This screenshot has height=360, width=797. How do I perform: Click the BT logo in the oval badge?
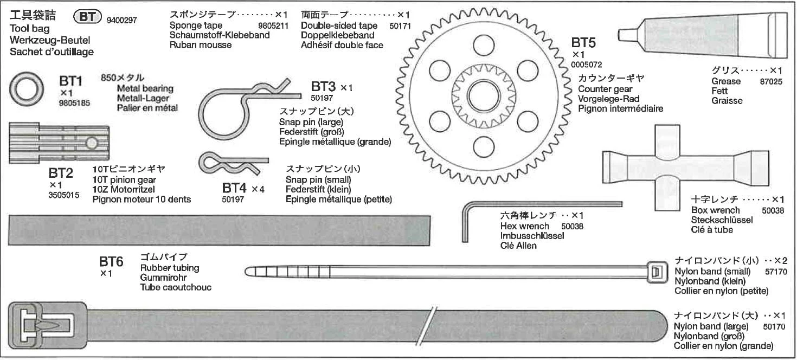[x=87, y=17]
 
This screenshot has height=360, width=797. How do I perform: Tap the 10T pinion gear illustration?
[x=59, y=143]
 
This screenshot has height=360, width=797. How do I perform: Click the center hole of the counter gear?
[x=484, y=95]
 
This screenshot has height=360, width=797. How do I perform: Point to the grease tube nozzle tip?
[x=620, y=35]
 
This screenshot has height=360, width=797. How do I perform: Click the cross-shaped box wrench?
[x=685, y=167]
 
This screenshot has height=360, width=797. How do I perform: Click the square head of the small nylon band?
[x=657, y=273]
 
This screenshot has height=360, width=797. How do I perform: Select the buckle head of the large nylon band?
[x=48, y=325]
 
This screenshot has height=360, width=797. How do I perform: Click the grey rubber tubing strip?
[x=219, y=230]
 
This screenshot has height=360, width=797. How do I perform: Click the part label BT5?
[x=583, y=43]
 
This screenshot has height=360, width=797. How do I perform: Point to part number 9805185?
[x=74, y=103]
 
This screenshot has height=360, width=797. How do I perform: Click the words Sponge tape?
[x=196, y=25]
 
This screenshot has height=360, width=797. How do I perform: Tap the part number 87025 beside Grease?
[x=771, y=81]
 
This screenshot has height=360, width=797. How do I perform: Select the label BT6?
[x=111, y=262]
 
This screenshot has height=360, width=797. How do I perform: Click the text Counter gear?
[x=605, y=89]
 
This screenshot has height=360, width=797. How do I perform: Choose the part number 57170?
[x=776, y=272]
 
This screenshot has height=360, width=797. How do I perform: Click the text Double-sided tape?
[x=339, y=25]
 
